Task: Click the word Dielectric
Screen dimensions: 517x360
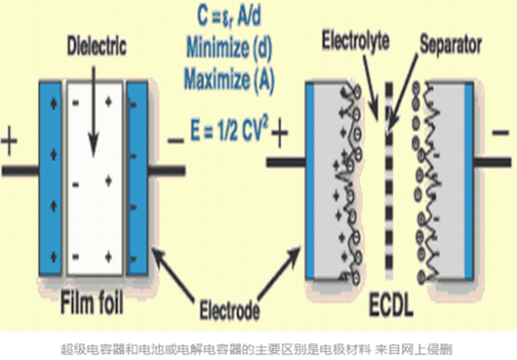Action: (97, 46)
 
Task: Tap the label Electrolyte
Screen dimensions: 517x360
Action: (355, 41)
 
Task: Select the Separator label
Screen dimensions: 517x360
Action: (451, 45)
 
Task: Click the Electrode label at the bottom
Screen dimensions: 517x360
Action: (229, 309)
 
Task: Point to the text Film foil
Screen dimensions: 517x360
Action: (92, 302)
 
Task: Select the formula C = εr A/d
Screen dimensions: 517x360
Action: (229, 17)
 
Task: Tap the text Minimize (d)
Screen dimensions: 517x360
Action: (229, 48)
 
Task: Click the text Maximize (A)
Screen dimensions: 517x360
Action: (229, 79)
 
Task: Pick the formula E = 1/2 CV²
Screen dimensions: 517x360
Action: (229, 130)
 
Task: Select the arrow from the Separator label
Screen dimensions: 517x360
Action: (402, 93)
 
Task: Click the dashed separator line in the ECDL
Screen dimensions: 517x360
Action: (389, 180)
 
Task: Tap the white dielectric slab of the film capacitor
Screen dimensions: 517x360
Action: (95, 179)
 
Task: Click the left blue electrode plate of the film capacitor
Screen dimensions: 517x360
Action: (51, 179)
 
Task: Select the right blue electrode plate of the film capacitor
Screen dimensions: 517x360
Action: (138, 179)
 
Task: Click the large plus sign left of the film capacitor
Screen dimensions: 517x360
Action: (9, 141)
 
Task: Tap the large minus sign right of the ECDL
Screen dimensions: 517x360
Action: (500, 133)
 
